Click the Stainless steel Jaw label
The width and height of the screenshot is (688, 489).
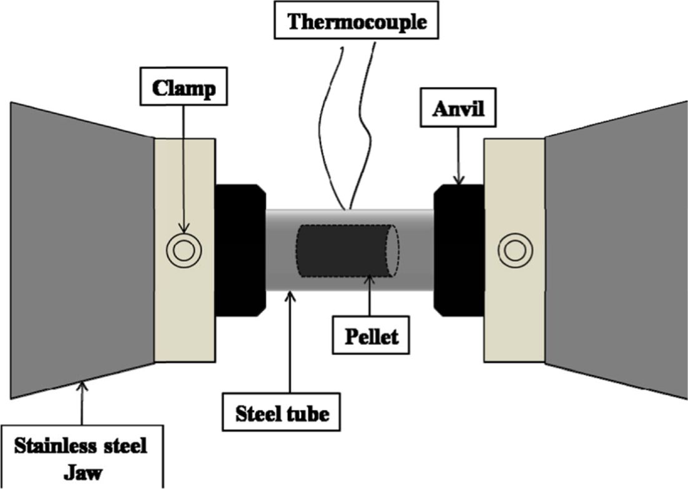(82, 457)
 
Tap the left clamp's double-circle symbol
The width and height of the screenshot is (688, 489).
(184, 251)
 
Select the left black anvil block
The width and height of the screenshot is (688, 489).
(239, 249)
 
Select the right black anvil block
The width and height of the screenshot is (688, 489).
(459, 249)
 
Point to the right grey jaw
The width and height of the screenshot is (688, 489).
(615, 249)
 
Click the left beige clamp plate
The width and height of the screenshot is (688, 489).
(184, 187)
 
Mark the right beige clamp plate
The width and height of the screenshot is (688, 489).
(514, 187)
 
